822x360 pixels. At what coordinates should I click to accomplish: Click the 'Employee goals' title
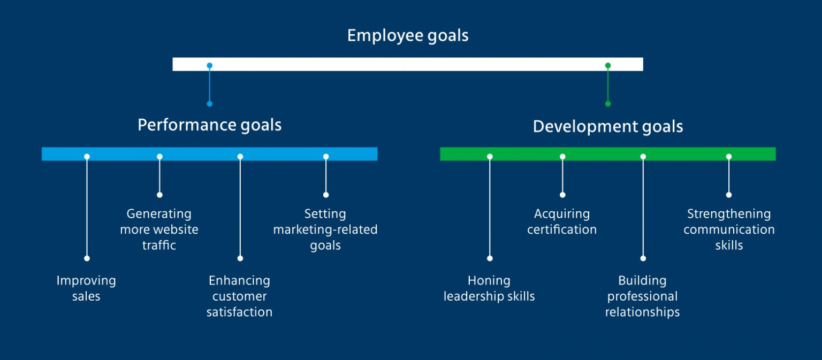click(408, 36)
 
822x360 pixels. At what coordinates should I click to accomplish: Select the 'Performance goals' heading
click(209, 125)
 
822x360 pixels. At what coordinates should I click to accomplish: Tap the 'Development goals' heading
click(608, 127)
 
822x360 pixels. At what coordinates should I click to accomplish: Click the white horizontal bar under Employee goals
click(408, 64)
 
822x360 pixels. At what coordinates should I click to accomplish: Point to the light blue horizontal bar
click(209, 154)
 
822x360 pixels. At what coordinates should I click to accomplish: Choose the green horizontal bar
click(607, 154)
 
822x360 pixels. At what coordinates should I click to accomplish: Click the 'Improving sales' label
click(86, 288)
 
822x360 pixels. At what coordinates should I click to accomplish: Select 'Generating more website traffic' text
click(159, 229)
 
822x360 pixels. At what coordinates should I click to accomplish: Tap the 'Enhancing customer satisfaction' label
click(239, 296)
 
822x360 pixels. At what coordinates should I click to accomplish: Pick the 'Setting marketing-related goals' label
click(325, 229)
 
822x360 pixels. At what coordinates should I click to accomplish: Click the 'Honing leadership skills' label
click(489, 288)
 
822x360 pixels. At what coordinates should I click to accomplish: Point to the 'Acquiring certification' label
click(562, 221)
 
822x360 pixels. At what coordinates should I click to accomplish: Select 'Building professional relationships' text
click(642, 296)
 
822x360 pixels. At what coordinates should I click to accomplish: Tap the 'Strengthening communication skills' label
click(729, 229)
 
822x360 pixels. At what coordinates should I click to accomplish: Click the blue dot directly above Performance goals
click(209, 104)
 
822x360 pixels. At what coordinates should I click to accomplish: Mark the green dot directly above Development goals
click(607, 104)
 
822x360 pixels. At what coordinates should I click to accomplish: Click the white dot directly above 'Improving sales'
click(87, 258)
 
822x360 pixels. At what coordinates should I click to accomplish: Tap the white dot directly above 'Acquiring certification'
click(562, 195)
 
